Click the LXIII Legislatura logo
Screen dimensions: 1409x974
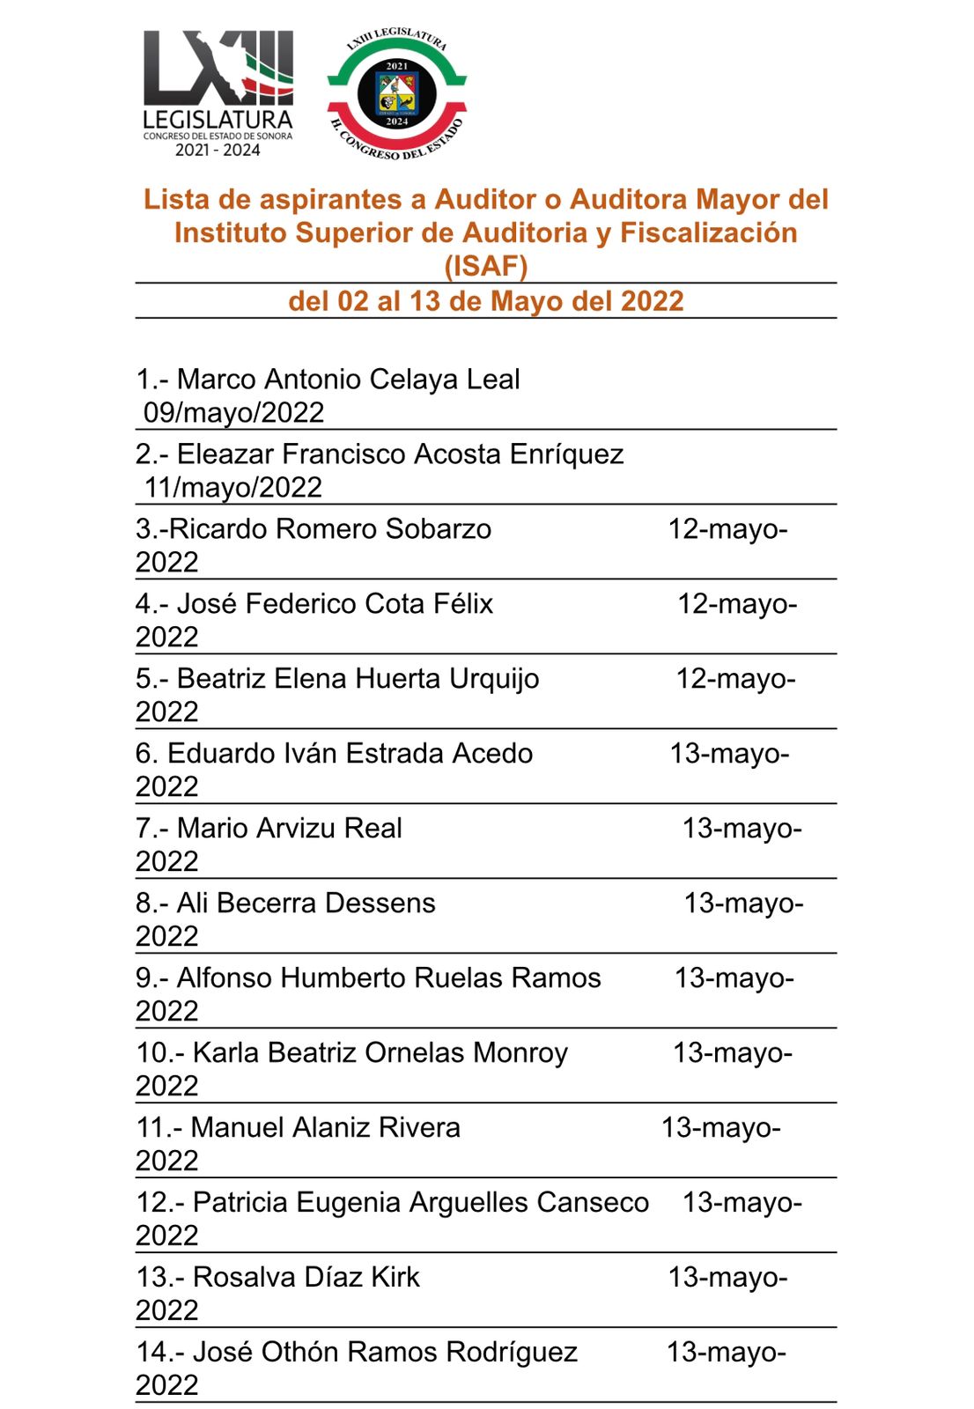click(218, 92)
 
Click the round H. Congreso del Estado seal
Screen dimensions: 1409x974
click(397, 92)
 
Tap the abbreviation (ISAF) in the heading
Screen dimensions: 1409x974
click(486, 266)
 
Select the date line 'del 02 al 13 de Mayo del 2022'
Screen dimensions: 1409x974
click(486, 301)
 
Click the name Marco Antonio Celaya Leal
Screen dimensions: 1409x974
click(348, 380)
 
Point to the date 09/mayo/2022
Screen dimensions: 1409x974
click(234, 412)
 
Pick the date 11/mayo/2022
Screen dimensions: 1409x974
click(233, 487)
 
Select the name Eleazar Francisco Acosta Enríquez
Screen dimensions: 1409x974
click(400, 454)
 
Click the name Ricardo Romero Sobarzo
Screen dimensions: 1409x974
click(330, 529)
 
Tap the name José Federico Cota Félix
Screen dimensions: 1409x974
click(335, 604)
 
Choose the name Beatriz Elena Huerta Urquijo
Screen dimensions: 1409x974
click(358, 679)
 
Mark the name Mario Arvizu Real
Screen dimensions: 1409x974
click(289, 829)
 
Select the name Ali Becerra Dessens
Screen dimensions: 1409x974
click(306, 904)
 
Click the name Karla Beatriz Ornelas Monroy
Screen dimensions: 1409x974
click(380, 1053)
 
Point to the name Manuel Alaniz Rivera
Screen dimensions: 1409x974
click(325, 1128)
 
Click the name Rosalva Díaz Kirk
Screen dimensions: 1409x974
click(306, 1278)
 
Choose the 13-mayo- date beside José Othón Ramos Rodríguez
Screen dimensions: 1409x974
click(726, 1353)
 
